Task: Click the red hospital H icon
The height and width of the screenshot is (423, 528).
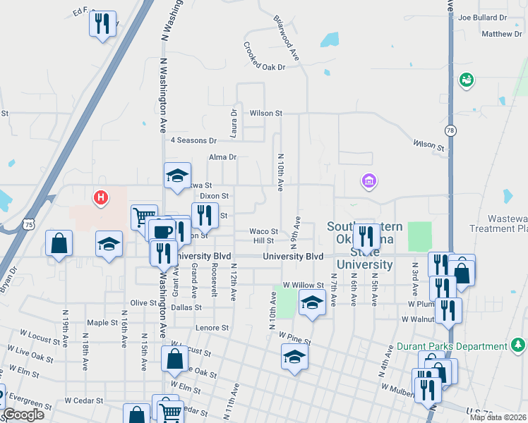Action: pyautogui.click(x=102, y=197)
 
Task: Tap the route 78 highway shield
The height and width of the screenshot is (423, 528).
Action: pyautogui.click(x=451, y=130)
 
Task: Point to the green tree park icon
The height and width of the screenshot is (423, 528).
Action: pyautogui.click(x=518, y=345)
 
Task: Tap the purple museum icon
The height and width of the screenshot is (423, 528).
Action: pyautogui.click(x=368, y=182)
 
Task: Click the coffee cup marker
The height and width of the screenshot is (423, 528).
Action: pyautogui.click(x=162, y=230)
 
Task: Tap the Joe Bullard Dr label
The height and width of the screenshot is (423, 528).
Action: pyautogui.click(x=483, y=17)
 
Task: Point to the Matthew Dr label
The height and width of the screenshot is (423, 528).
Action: pyautogui.click(x=500, y=34)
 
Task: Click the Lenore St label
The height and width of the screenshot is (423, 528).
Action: pyautogui.click(x=213, y=328)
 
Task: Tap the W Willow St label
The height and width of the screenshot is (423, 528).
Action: pyautogui.click(x=302, y=285)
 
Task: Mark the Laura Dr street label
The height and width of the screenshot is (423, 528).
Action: pyautogui.click(x=234, y=122)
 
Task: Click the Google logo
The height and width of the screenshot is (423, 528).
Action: pyautogui.click(x=23, y=415)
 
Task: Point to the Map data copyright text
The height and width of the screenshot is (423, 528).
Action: pyautogui.click(x=498, y=417)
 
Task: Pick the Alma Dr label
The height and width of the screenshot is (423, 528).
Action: pyautogui.click(x=222, y=157)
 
